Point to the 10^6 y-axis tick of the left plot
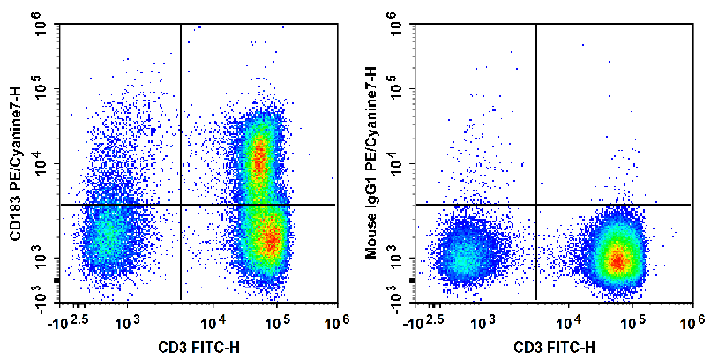[x=41, y=28]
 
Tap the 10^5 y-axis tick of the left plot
[x=41, y=91]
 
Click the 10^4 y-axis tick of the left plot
[x=41, y=165]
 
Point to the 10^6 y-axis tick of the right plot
[x=397, y=28]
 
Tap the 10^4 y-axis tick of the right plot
[x=397, y=165]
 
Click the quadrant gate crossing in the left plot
[x=181, y=205]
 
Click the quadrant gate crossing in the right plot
[x=537, y=205]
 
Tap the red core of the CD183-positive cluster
[x=258, y=161]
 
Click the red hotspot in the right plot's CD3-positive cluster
[x=618, y=259]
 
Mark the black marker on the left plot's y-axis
[x=56, y=281]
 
